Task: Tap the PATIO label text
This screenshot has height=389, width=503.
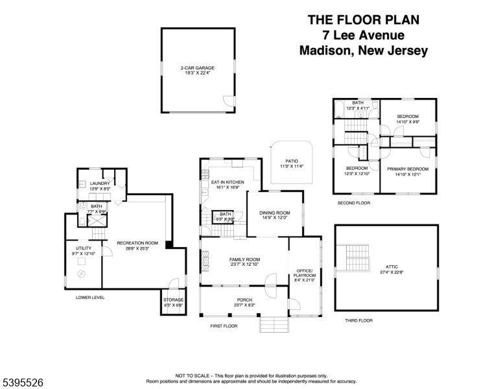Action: point(292,163)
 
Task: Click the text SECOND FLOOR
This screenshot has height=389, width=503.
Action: point(353,203)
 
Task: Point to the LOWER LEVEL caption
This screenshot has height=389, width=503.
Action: point(90,298)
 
